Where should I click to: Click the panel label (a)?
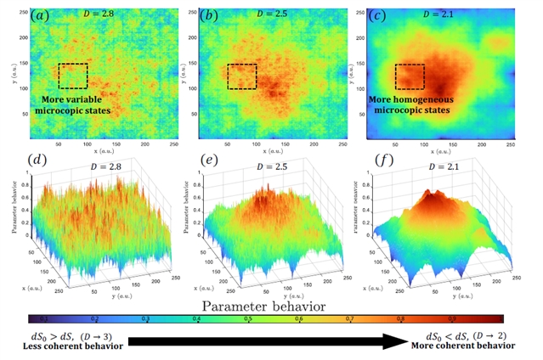39,14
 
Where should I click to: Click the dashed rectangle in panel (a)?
73,76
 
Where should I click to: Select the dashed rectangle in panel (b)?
241,76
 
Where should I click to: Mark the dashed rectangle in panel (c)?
410,76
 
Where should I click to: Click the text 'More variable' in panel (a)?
79,100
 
